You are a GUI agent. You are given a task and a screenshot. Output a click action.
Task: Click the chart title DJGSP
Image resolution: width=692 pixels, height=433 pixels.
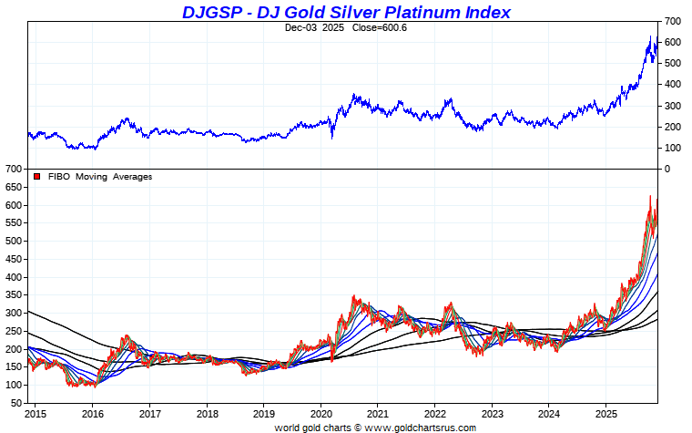(x=210, y=12)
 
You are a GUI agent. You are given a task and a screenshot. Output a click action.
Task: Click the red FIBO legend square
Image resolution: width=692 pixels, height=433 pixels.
(x=36, y=177)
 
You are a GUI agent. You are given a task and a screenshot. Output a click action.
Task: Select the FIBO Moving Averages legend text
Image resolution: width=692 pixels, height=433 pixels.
(x=100, y=177)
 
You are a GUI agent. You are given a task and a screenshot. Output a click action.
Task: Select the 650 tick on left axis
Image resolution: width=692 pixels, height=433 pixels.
(x=13, y=187)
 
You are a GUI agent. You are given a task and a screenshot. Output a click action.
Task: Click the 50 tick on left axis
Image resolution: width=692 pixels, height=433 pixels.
(x=15, y=402)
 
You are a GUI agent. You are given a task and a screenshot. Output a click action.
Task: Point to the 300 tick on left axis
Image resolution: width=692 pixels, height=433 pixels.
(x=13, y=313)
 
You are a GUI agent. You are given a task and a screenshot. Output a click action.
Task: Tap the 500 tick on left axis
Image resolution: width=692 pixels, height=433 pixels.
(x=13, y=241)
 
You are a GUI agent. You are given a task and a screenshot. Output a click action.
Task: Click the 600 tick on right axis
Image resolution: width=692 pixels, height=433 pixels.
(x=673, y=42)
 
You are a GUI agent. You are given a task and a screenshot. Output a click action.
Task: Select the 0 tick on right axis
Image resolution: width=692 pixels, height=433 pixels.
(x=667, y=169)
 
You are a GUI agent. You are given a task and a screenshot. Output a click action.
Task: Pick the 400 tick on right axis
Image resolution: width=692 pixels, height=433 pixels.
(x=673, y=84)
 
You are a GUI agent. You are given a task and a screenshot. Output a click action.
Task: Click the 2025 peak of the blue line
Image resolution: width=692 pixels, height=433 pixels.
(x=650, y=36)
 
